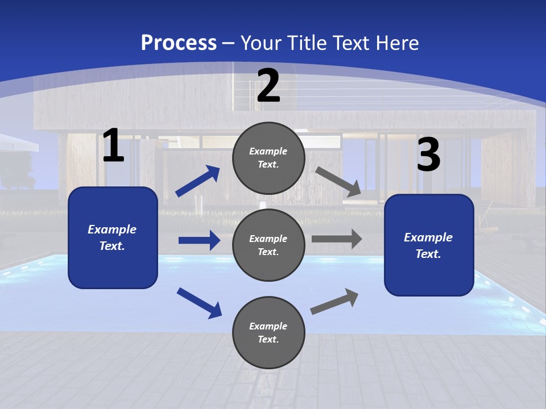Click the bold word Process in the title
click(179, 43)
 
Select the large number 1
click(113, 146)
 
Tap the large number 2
click(268, 86)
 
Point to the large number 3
click(428, 155)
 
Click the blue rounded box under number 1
click(113, 237)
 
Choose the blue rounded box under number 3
click(429, 245)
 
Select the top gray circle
click(268, 158)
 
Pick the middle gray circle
click(268, 245)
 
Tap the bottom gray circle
click(268, 332)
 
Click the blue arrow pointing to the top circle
click(197, 181)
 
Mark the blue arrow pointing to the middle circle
click(199, 240)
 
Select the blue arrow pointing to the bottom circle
click(199, 303)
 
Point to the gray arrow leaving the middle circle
click(337, 239)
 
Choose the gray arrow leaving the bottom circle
click(334, 302)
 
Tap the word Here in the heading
click(398, 43)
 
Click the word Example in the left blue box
click(112, 229)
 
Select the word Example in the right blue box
click(428, 237)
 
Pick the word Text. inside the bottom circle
click(268, 339)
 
